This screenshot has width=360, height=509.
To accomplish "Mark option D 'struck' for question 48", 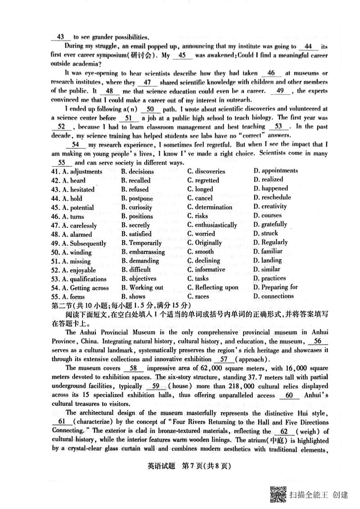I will point(265,233).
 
